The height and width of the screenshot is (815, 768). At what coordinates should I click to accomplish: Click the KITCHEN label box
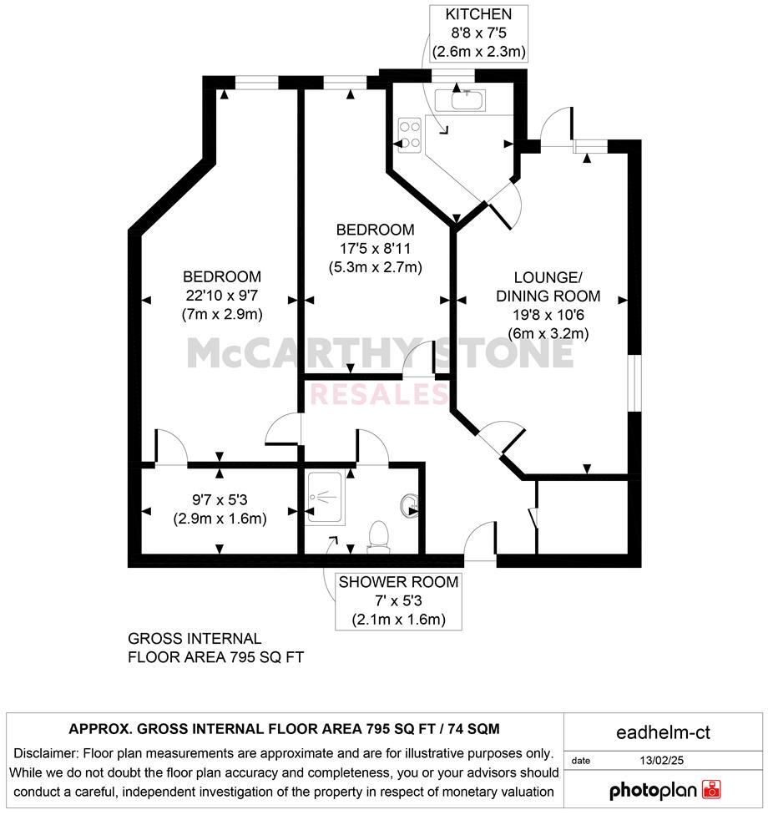click(x=477, y=33)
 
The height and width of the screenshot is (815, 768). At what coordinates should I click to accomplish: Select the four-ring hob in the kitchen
click(x=411, y=136)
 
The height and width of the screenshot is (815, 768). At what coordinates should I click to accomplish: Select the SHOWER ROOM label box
click(x=397, y=600)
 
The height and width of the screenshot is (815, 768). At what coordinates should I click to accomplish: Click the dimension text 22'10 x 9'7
click(x=222, y=296)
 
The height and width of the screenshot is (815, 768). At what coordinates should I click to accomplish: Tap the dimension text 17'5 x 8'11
click(x=375, y=249)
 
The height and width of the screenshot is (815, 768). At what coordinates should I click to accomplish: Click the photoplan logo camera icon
click(x=711, y=788)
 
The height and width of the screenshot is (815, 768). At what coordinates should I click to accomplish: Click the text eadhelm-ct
click(x=664, y=734)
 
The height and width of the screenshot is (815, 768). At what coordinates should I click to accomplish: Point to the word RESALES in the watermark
click(x=380, y=393)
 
